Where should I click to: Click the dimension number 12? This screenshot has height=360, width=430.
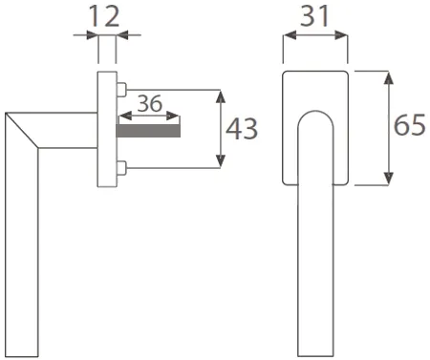(x=104, y=16)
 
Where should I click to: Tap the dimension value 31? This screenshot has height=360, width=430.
(x=314, y=16)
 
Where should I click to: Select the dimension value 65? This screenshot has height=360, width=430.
(x=410, y=124)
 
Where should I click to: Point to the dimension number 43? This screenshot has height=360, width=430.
(x=242, y=129)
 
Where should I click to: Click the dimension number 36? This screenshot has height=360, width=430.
(x=149, y=103)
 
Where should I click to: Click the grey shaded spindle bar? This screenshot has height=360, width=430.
(x=149, y=131)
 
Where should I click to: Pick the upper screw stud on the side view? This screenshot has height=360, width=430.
(x=121, y=90)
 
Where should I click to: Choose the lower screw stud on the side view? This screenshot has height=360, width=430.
(x=121, y=168)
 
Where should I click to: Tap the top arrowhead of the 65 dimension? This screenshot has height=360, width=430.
(x=388, y=78)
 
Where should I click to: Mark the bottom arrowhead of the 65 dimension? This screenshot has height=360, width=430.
(x=388, y=179)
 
